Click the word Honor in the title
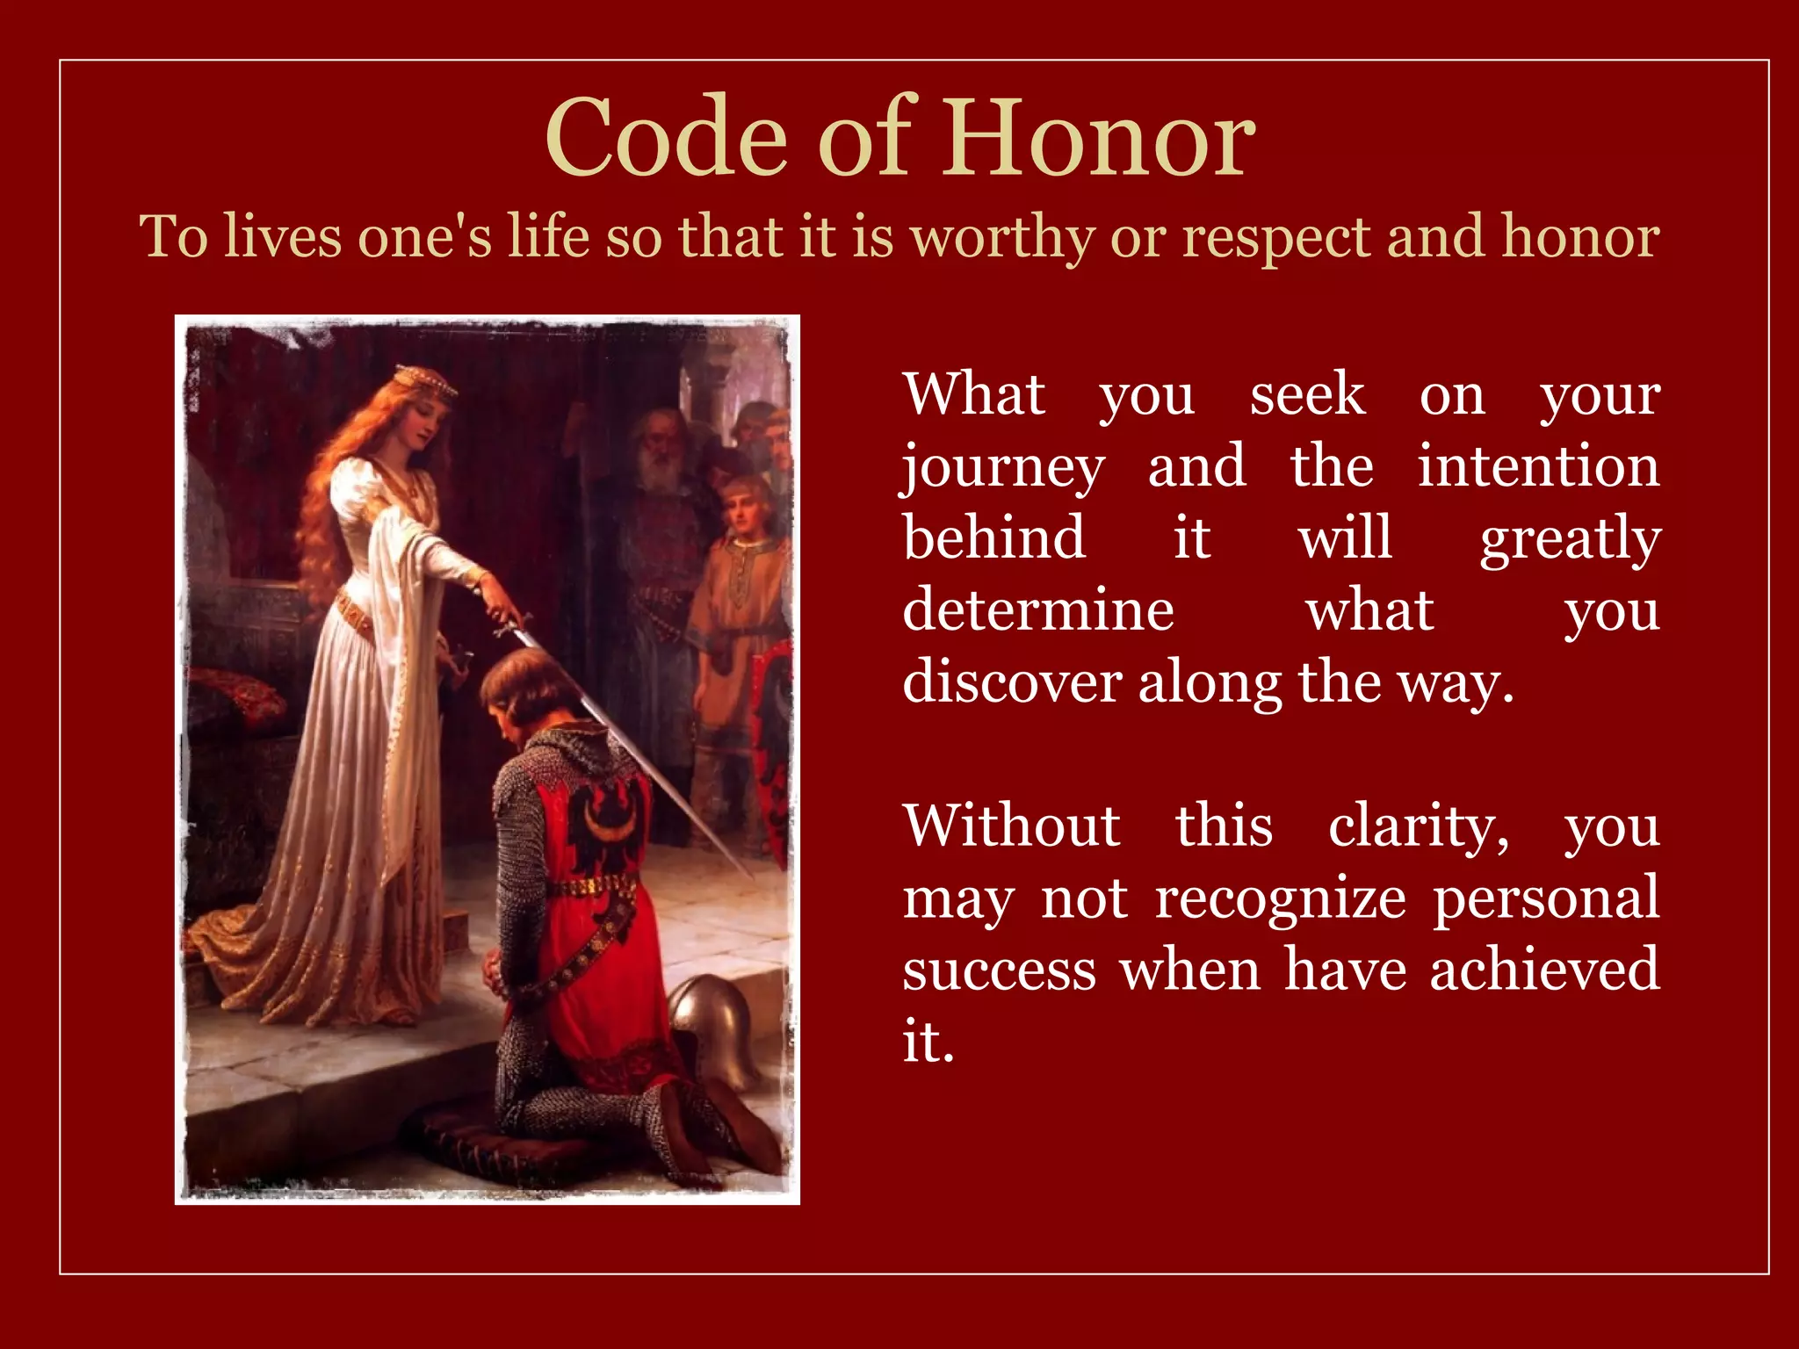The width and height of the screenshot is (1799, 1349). (1100, 139)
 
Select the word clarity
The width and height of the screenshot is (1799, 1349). (1418, 827)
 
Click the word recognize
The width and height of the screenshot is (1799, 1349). (1281, 900)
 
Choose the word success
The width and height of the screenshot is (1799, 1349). (1000, 971)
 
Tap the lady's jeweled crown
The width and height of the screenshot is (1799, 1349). (424, 379)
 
